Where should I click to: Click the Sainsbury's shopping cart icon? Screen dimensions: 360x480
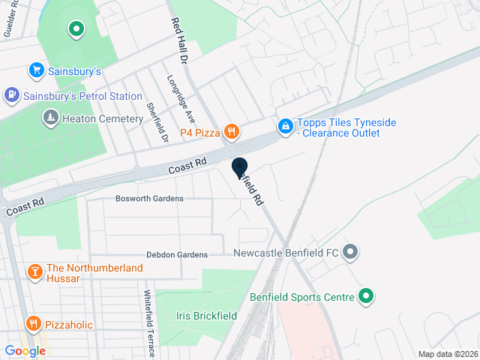(35, 70)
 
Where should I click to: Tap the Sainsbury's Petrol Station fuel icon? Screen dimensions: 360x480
(11, 95)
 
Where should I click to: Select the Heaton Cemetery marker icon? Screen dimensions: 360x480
(50, 118)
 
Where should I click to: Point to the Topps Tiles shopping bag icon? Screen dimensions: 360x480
(285, 127)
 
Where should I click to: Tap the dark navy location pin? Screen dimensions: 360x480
(240, 169)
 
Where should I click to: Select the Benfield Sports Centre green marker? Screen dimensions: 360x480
(366, 297)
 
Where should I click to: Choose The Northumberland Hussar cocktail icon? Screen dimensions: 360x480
(34, 271)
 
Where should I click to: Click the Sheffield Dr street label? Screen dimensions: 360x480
(157, 122)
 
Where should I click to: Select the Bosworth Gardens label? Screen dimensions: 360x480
(149, 199)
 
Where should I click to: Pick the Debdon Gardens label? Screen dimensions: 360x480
(177, 255)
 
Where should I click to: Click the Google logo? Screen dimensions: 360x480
(25, 351)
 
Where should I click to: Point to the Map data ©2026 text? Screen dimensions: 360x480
(448, 354)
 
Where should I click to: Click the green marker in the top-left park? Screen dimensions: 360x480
(75, 30)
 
